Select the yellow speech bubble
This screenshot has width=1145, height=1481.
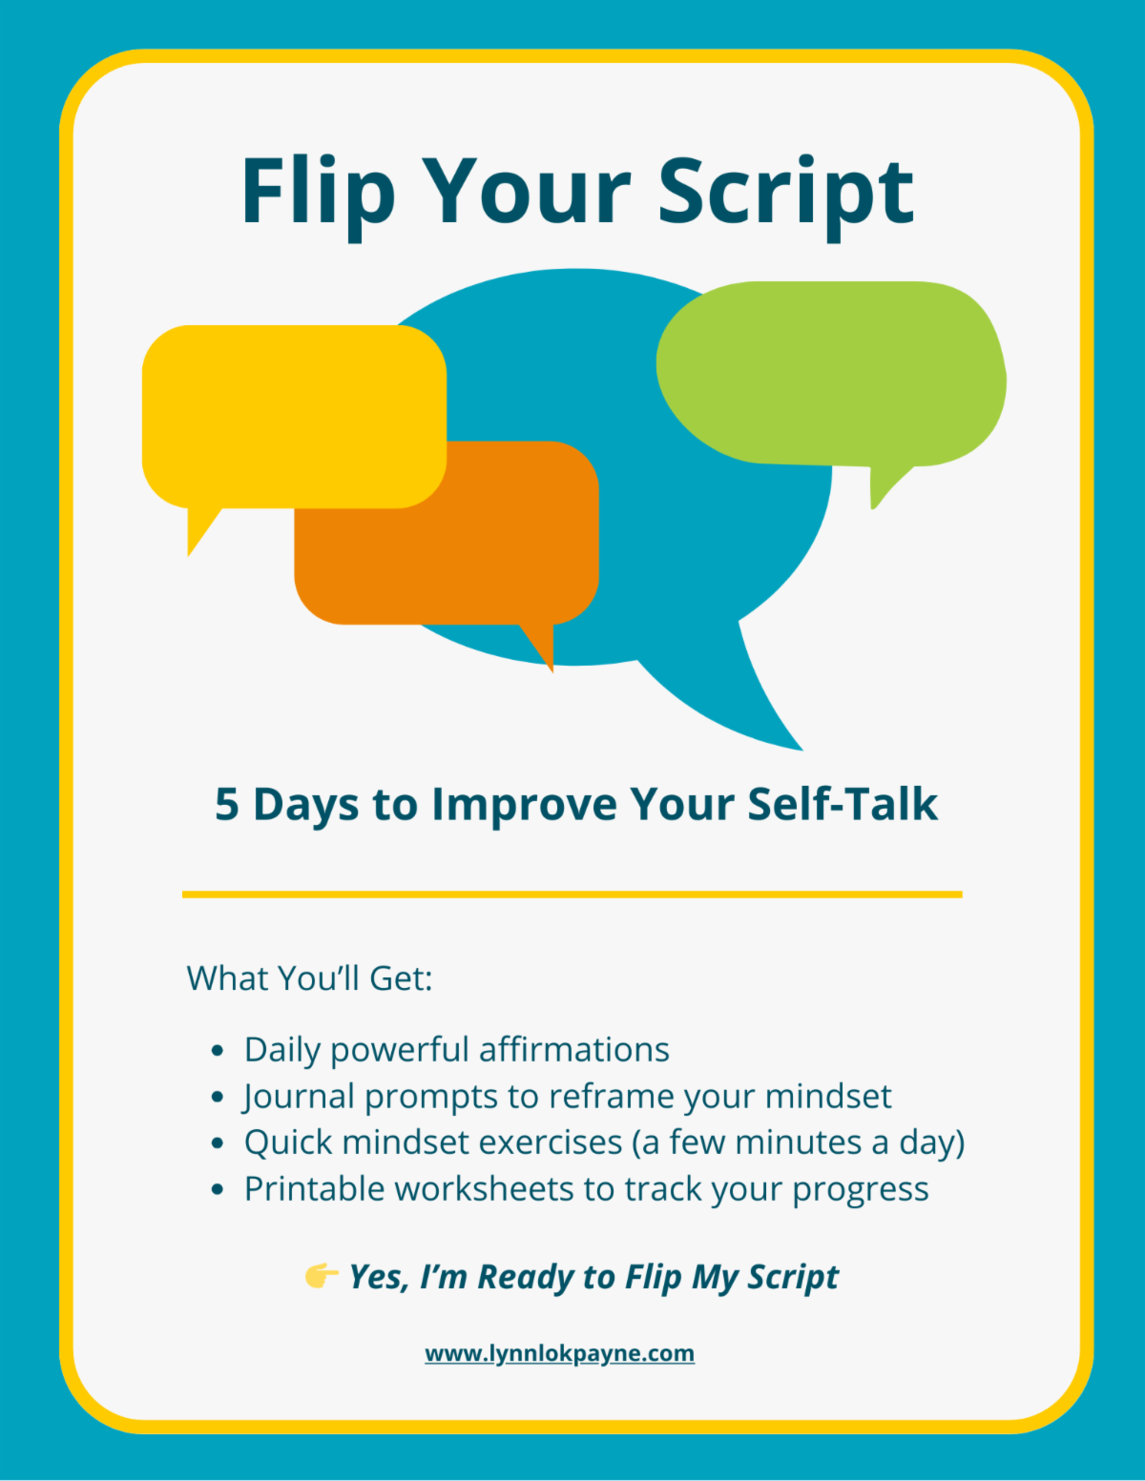coord(294,417)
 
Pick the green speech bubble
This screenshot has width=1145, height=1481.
coord(831,375)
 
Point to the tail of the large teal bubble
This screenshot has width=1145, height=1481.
coord(743,695)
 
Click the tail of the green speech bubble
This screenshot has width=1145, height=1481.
coord(886,486)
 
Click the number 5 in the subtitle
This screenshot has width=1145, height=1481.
coord(226,805)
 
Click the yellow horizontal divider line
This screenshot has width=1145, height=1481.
coord(572,895)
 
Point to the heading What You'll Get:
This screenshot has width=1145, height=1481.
coord(309,978)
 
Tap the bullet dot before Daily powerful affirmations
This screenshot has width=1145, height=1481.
coord(218,1051)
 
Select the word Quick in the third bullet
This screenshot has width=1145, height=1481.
coord(288,1143)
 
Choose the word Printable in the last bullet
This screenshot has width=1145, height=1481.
coord(314,1189)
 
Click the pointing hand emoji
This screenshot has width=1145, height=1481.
coord(322,1276)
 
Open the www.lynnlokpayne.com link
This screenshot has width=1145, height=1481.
coord(560,1353)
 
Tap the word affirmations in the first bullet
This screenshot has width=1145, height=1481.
coord(574,1050)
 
